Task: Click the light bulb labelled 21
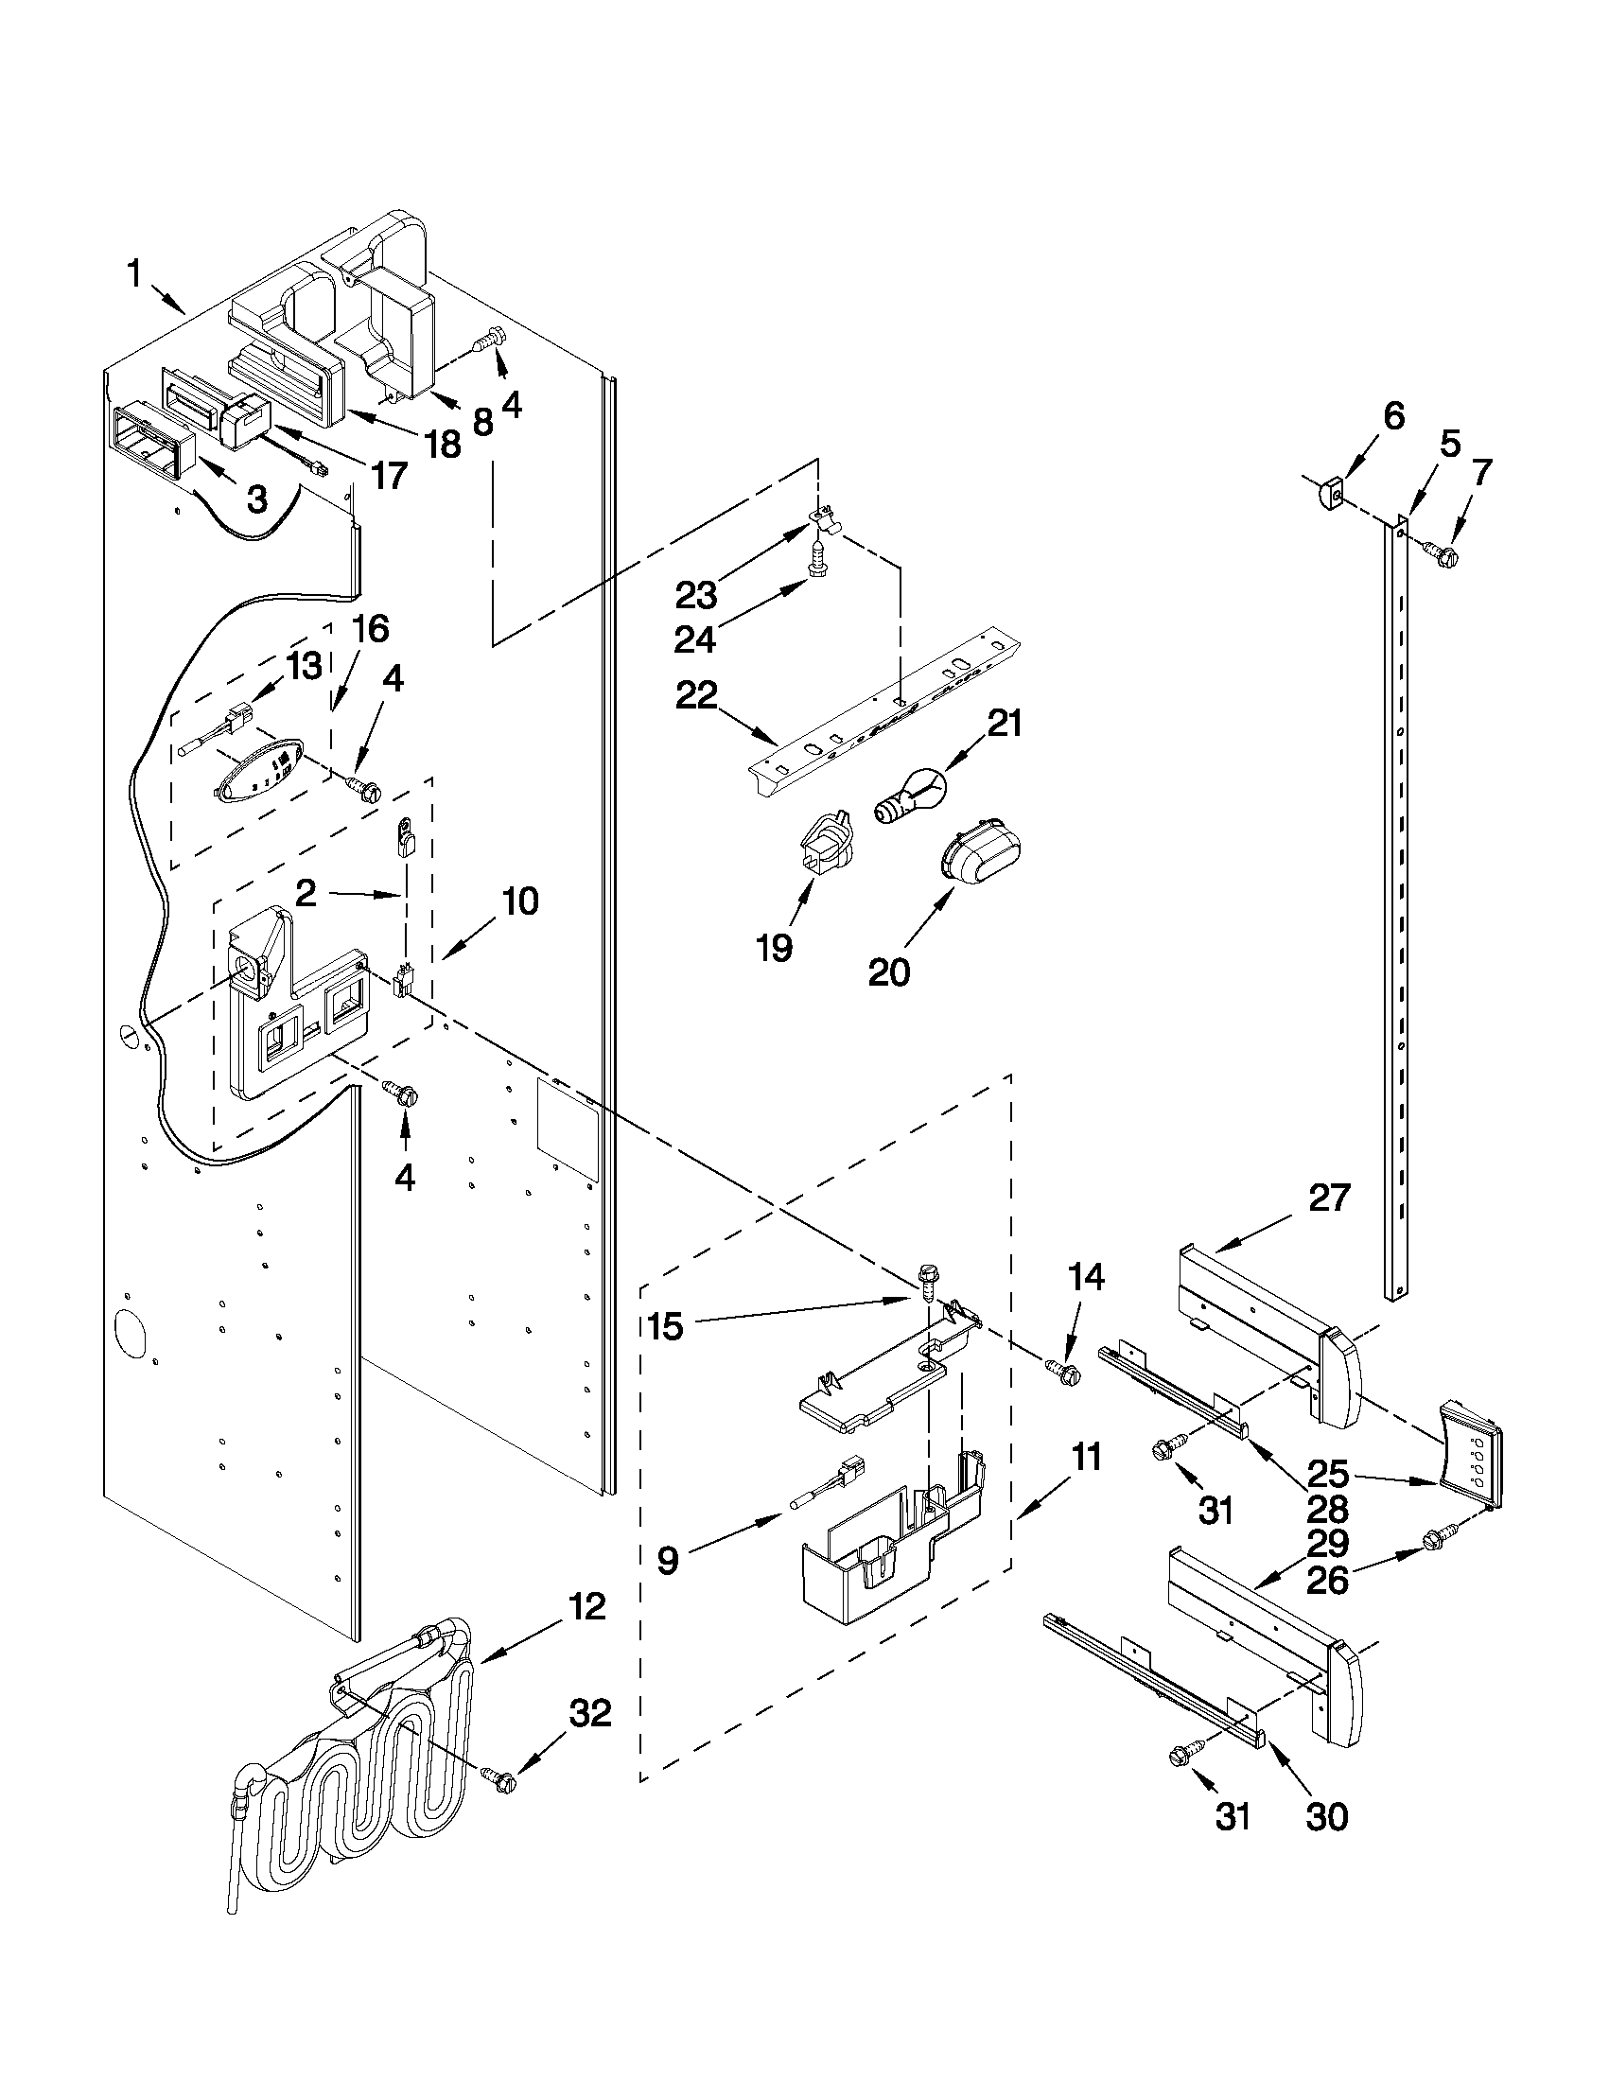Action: [909, 794]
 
